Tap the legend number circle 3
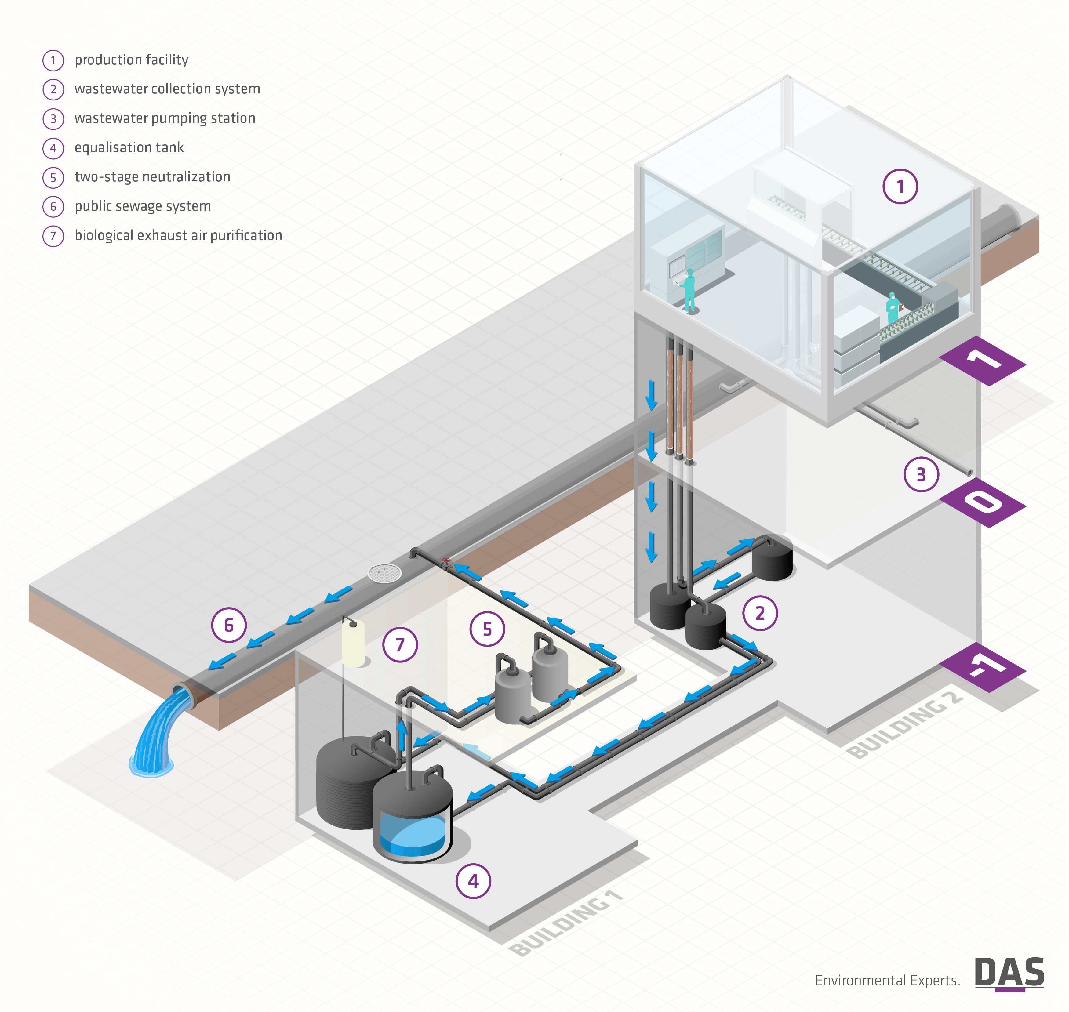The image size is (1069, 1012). click(53, 119)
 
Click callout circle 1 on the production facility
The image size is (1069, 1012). click(900, 187)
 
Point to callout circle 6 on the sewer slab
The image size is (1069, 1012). click(229, 625)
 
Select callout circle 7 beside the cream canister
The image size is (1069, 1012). click(400, 645)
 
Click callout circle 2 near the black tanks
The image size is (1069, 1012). click(760, 613)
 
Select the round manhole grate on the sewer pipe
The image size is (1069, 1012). click(385, 573)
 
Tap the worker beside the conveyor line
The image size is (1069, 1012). click(892, 309)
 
